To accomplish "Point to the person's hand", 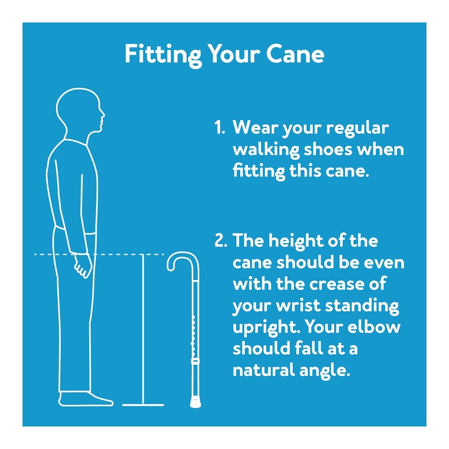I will pos(83,265).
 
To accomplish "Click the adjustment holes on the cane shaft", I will pos(193,331).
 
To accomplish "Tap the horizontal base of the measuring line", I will pos(143,404).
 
